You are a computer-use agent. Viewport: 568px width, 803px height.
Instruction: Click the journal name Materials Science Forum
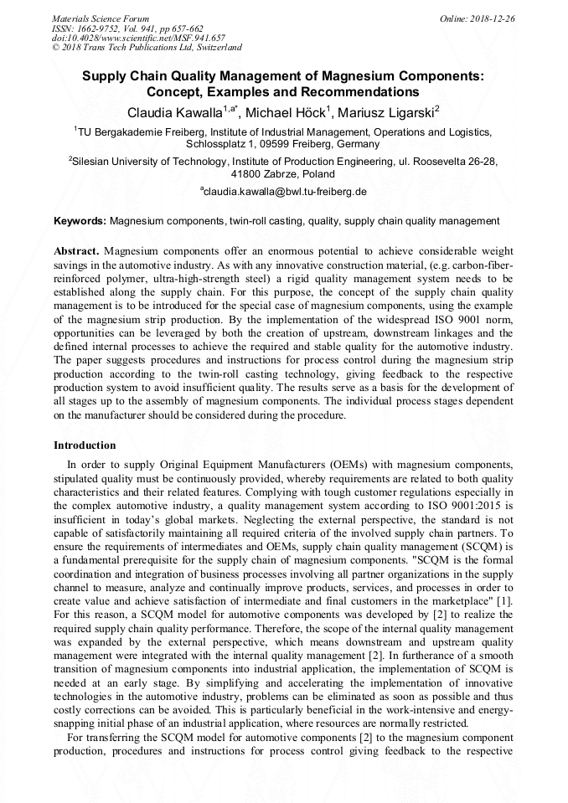coord(101,18)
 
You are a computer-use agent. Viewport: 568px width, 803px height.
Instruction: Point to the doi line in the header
coord(138,38)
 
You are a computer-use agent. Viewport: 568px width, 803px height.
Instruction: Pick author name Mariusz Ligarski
coord(386,112)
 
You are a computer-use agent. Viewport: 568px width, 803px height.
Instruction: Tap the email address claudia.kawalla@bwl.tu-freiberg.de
coord(285,191)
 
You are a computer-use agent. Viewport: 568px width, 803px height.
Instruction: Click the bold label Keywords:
coord(80,221)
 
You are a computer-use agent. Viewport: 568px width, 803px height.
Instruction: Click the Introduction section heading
coord(85,445)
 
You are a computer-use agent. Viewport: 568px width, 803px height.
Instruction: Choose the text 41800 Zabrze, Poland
coord(283,174)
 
